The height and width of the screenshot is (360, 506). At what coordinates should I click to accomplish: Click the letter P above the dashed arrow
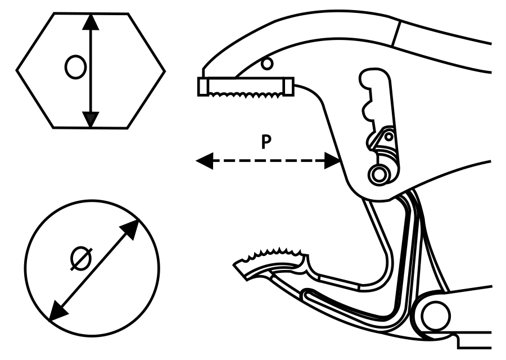point(267,142)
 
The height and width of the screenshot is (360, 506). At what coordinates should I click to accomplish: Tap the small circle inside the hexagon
point(75,67)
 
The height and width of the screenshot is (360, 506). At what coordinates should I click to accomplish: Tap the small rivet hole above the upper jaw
point(268,63)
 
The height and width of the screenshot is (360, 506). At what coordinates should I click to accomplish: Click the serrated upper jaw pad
point(245,88)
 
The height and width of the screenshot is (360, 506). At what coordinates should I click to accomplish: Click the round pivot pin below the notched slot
point(381,173)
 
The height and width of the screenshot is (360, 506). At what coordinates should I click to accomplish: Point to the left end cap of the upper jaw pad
point(202,87)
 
